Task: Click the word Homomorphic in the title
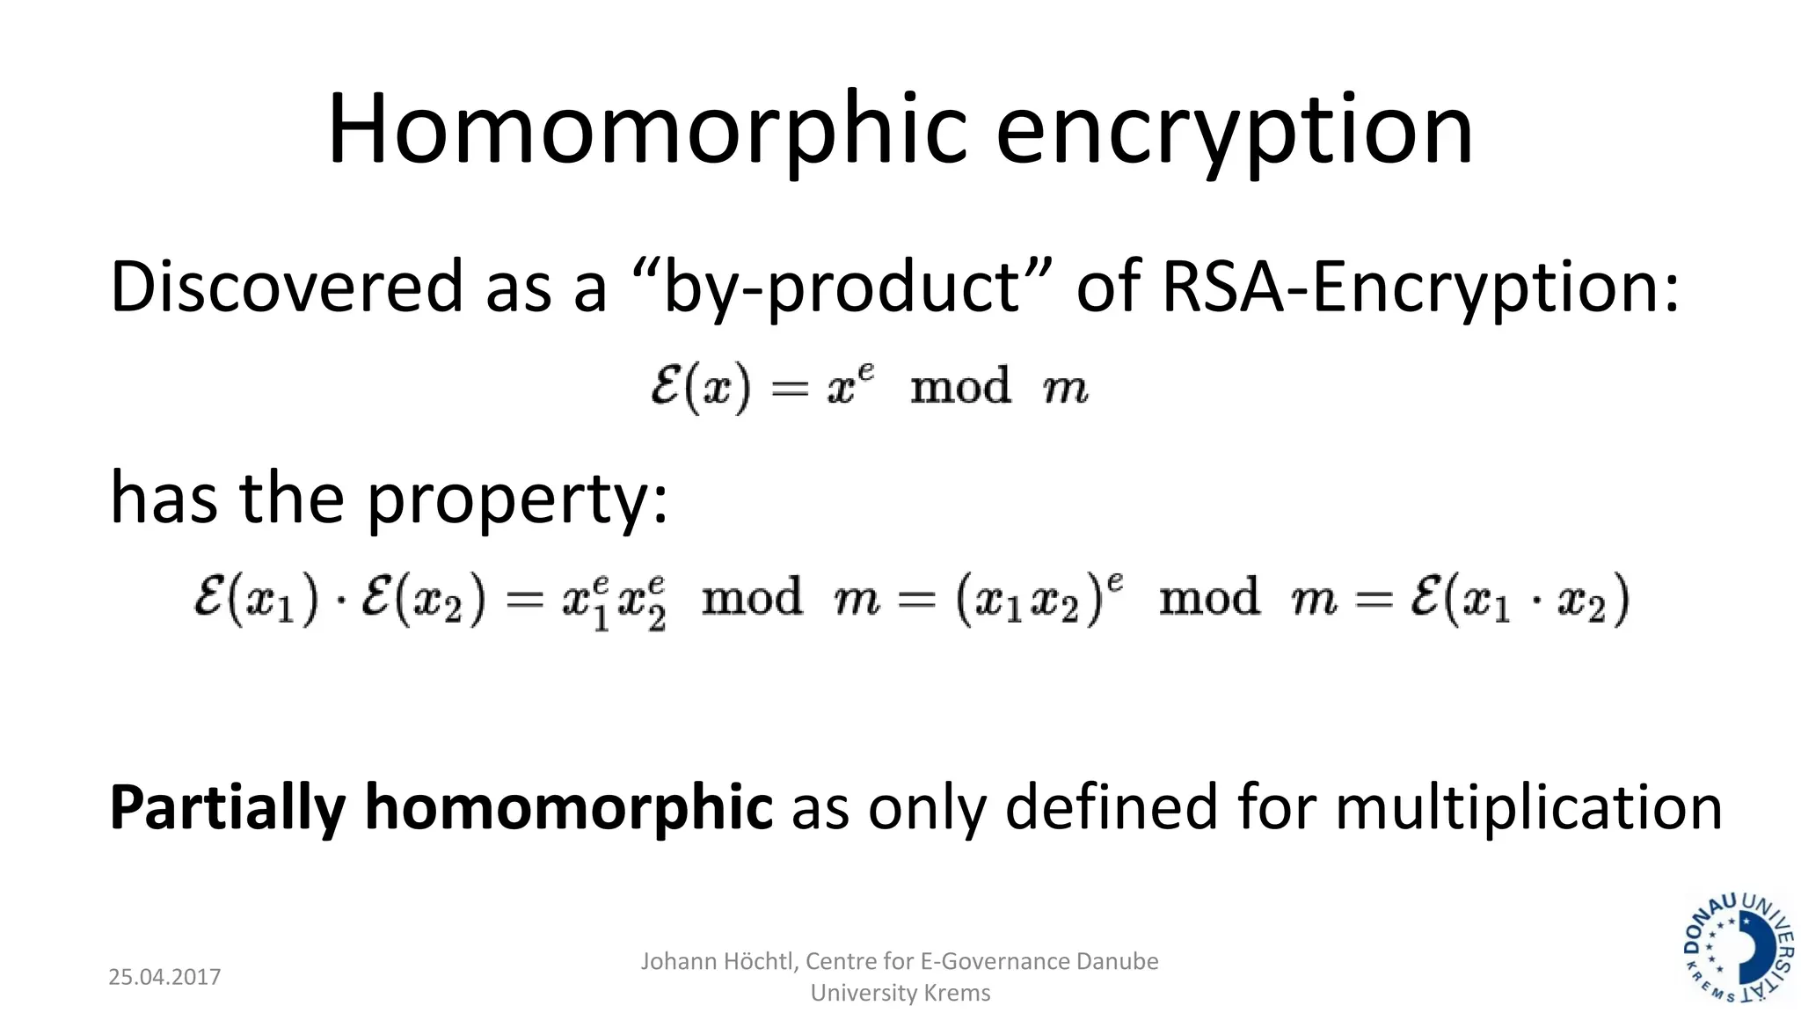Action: [647, 130]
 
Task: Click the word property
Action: [516, 499]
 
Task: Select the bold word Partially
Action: [227, 807]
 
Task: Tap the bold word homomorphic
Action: [568, 807]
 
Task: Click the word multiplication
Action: [1528, 807]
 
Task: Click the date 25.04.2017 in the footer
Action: [164, 977]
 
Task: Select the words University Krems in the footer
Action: [900, 993]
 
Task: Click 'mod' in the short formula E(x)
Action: [960, 387]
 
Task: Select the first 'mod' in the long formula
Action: [752, 598]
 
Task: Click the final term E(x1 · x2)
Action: [1520, 600]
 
